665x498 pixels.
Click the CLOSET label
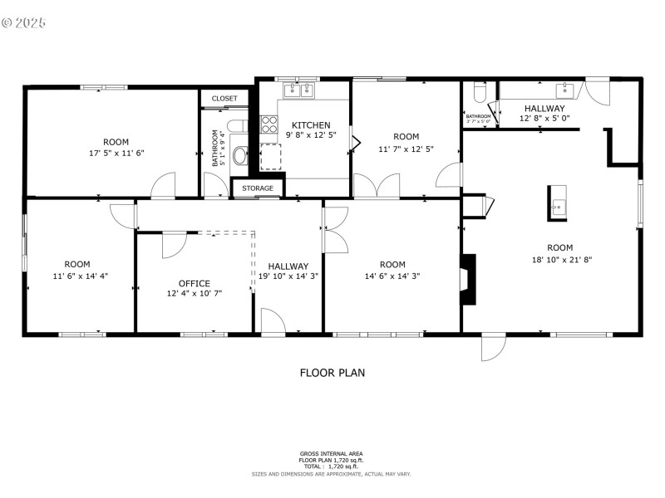[x=224, y=98]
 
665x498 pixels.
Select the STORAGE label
[x=258, y=188]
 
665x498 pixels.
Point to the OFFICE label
[x=195, y=283]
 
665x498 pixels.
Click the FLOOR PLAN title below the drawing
[x=332, y=373]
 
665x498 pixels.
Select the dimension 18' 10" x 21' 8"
[x=559, y=259]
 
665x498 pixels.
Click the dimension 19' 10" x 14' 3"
[x=288, y=276]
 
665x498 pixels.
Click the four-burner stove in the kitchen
[x=270, y=124]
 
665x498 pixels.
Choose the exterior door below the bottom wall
[x=493, y=349]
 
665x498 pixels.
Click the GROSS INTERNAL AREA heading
[x=332, y=454]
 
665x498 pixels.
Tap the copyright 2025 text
[x=25, y=22]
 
